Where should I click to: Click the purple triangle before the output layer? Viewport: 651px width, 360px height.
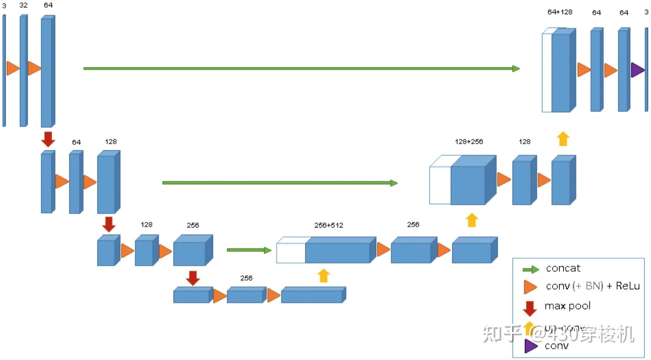[x=637, y=70]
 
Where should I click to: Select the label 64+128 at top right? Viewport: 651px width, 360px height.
[x=560, y=12]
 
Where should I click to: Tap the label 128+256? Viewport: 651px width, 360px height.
[x=469, y=142]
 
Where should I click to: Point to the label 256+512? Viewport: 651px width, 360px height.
[x=329, y=225]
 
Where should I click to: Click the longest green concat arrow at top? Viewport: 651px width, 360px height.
[x=301, y=69]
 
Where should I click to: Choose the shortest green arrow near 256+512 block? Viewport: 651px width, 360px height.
[x=249, y=250]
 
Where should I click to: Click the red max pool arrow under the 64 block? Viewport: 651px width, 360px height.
[x=48, y=139]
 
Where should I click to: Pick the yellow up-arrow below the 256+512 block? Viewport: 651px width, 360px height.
[x=324, y=275]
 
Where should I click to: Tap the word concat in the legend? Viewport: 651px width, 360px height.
[x=563, y=268]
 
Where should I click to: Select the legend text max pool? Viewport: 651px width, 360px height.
[x=567, y=306]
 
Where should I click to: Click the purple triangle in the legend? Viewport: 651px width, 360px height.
[x=530, y=346]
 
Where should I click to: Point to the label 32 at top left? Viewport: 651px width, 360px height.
[x=23, y=5]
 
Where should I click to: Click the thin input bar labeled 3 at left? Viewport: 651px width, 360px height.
[x=4, y=70]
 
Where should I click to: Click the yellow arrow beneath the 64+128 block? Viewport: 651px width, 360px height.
[x=563, y=139]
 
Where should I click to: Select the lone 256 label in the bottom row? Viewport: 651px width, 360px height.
[x=246, y=278]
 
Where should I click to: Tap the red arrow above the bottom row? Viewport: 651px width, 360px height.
[x=193, y=278]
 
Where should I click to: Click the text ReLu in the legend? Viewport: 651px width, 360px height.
[x=628, y=286]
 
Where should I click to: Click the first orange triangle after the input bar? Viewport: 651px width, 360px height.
[x=12, y=68]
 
